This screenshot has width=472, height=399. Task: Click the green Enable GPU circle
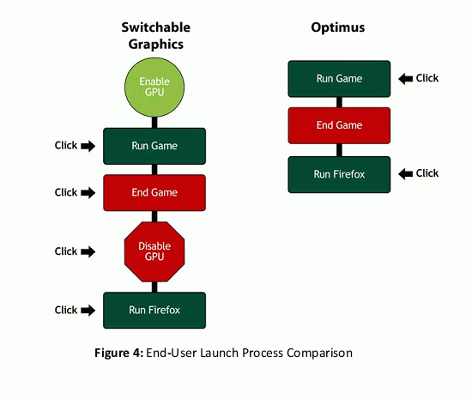(154, 88)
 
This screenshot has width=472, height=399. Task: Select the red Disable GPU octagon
(154, 251)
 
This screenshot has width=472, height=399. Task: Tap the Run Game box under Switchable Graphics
(154, 146)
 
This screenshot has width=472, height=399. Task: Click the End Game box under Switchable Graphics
(154, 192)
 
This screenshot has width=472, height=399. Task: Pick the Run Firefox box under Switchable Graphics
(154, 311)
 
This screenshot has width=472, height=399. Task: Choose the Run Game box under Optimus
(339, 79)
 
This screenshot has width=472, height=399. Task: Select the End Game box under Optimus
(339, 125)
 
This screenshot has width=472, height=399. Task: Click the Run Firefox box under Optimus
(339, 174)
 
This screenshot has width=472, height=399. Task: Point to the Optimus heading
(338, 28)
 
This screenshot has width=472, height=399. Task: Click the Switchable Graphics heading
(156, 35)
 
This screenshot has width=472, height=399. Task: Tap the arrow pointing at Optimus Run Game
(405, 79)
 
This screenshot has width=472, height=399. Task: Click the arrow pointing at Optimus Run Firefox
(405, 173)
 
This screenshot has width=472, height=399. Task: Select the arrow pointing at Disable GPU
(88, 251)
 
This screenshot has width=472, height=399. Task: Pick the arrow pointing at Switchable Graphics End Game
(88, 193)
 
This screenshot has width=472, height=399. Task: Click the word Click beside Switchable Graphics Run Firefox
(66, 310)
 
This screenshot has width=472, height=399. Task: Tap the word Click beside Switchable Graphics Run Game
(66, 145)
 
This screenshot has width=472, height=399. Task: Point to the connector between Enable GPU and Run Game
(154, 123)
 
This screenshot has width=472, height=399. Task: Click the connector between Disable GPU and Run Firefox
(154, 287)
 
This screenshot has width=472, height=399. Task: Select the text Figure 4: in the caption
(119, 353)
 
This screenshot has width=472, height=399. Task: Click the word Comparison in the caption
(319, 354)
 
